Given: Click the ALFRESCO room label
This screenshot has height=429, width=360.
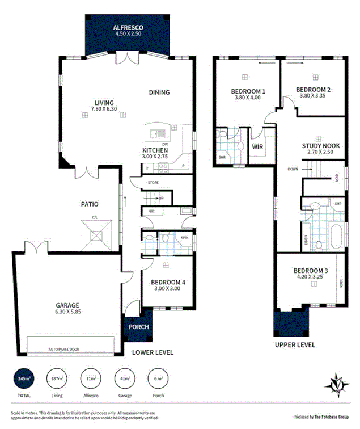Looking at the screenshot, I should [x=128, y=27].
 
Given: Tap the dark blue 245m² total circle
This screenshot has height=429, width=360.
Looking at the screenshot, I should [x=24, y=378].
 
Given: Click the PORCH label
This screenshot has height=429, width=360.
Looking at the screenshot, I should [x=139, y=327].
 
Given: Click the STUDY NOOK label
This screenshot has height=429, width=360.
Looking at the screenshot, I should [x=320, y=146].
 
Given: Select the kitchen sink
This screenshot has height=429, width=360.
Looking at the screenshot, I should [x=156, y=134].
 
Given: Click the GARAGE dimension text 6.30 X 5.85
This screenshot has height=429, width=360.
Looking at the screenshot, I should [x=67, y=313].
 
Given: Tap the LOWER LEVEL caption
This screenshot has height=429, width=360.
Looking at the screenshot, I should [x=153, y=352].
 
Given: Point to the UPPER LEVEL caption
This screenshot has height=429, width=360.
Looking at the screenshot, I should [x=295, y=345].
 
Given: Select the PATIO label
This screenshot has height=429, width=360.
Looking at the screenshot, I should [x=90, y=204].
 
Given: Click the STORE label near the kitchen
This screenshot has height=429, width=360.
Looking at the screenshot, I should [x=153, y=183].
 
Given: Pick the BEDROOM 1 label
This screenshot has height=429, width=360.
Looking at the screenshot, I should [x=248, y=92].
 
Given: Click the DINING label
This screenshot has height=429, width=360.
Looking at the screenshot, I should [x=159, y=92].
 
